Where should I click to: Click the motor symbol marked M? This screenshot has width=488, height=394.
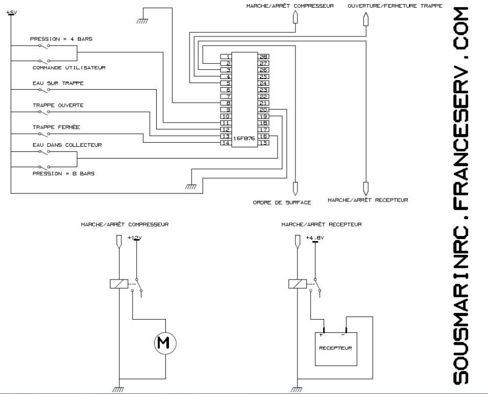click(x=165, y=342)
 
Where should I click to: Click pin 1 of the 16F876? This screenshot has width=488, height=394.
click(x=225, y=56)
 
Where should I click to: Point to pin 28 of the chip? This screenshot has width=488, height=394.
click(x=264, y=56)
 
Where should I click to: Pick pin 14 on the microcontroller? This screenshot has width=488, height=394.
click(x=225, y=143)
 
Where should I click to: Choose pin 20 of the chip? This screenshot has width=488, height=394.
click(x=264, y=110)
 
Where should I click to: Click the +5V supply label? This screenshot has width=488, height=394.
click(x=11, y=12)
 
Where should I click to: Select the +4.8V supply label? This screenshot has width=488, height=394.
click(x=315, y=238)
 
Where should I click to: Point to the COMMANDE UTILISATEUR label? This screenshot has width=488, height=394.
click(x=69, y=68)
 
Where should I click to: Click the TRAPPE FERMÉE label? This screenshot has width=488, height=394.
click(x=55, y=127)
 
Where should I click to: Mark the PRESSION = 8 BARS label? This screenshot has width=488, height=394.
click(x=63, y=173)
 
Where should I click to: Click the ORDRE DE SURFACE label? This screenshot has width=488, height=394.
click(x=282, y=203)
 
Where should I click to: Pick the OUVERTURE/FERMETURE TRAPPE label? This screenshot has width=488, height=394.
click(x=395, y=6)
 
